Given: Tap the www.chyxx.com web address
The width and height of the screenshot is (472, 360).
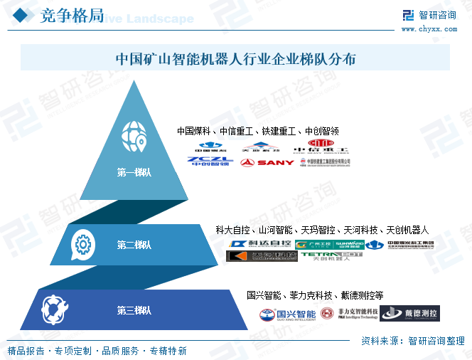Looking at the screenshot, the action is coord(429,28).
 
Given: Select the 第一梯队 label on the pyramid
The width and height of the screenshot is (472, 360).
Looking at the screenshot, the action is coord(134,171).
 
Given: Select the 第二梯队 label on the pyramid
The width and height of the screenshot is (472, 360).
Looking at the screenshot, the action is coord(134,245).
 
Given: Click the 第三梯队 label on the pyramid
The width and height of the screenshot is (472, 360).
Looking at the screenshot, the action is coord(134,310).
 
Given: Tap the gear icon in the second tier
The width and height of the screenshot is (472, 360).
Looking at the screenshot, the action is coord(82,245).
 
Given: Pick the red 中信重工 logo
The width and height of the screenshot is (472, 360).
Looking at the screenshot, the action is coord(322,147).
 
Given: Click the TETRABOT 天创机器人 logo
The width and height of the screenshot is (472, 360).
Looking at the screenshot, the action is coord(331,255).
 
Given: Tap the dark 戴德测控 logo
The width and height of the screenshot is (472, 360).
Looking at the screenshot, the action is coord(409,313).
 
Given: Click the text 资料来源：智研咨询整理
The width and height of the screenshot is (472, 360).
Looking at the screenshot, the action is coord(412,340).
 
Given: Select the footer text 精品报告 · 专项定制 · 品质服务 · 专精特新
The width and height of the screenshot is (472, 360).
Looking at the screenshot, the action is coord(97,351).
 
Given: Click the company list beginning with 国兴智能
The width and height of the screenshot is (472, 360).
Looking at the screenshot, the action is coord(315,295).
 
